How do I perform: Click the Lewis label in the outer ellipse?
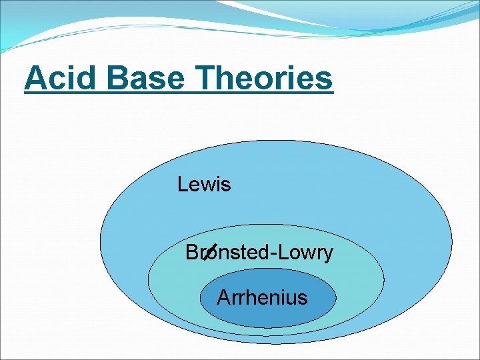pos(204,184)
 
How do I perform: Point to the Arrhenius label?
pos(262,297)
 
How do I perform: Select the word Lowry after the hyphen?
pos(305,253)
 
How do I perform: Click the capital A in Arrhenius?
pos(223,297)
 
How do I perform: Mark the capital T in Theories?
pos(209,78)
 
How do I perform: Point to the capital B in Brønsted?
pos(191,253)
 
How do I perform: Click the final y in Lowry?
pos(327,255)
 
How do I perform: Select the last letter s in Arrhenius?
pos(303,298)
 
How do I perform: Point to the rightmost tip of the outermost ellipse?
pos(451,241)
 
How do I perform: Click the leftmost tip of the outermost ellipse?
pos(100,241)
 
